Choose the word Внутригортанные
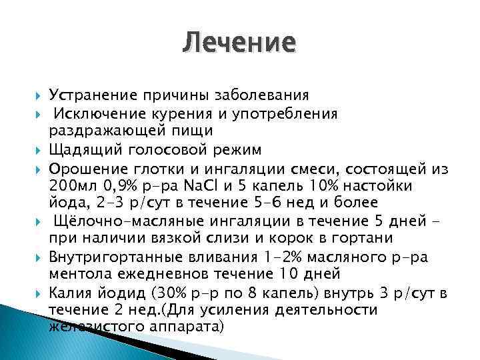pyautogui.click(x=111, y=256)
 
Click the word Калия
pyautogui.click(x=69, y=292)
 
